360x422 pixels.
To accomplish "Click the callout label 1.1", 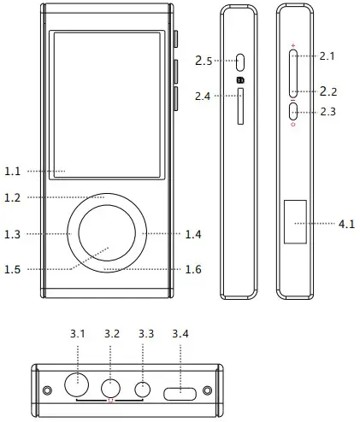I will [12, 171].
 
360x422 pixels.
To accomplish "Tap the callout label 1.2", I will [12, 197].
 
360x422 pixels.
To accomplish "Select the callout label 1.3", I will [12, 233].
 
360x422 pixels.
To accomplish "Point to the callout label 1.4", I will [195, 233].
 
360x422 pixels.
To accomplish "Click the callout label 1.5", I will [12, 269].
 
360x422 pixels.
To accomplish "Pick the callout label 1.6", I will [195, 269].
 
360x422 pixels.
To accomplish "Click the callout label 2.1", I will [329, 56].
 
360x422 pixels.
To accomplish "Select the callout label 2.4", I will [203, 96].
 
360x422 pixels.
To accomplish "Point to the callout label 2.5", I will [203, 61].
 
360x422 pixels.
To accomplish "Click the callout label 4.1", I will [346, 224].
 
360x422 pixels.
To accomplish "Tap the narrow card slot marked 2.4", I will [240, 105].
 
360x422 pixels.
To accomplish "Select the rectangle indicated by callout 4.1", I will [295, 224].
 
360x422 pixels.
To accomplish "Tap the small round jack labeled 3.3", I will [144, 389].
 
